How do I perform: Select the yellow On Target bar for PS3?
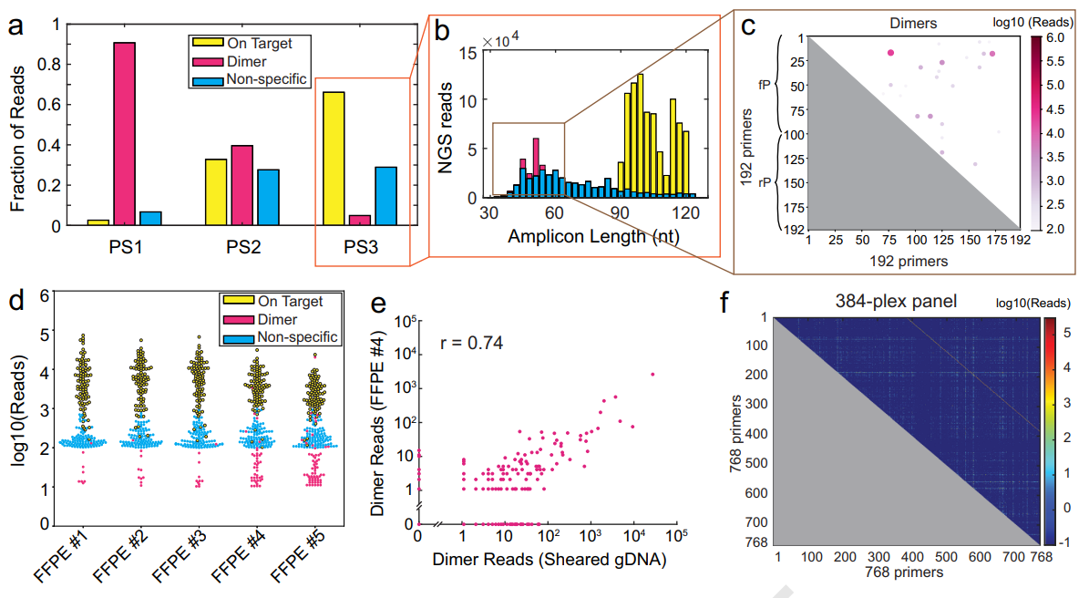[x=334, y=158]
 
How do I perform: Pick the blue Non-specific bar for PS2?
[x=269, y=196]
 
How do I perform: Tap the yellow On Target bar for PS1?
[x=98, y=222]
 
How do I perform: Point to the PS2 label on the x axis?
[x=242, y=246]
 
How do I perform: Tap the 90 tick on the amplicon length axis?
[x=622, y=213]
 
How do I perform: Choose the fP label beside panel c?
[x=764, y=84]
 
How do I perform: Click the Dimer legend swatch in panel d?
[x=238, y=319]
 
